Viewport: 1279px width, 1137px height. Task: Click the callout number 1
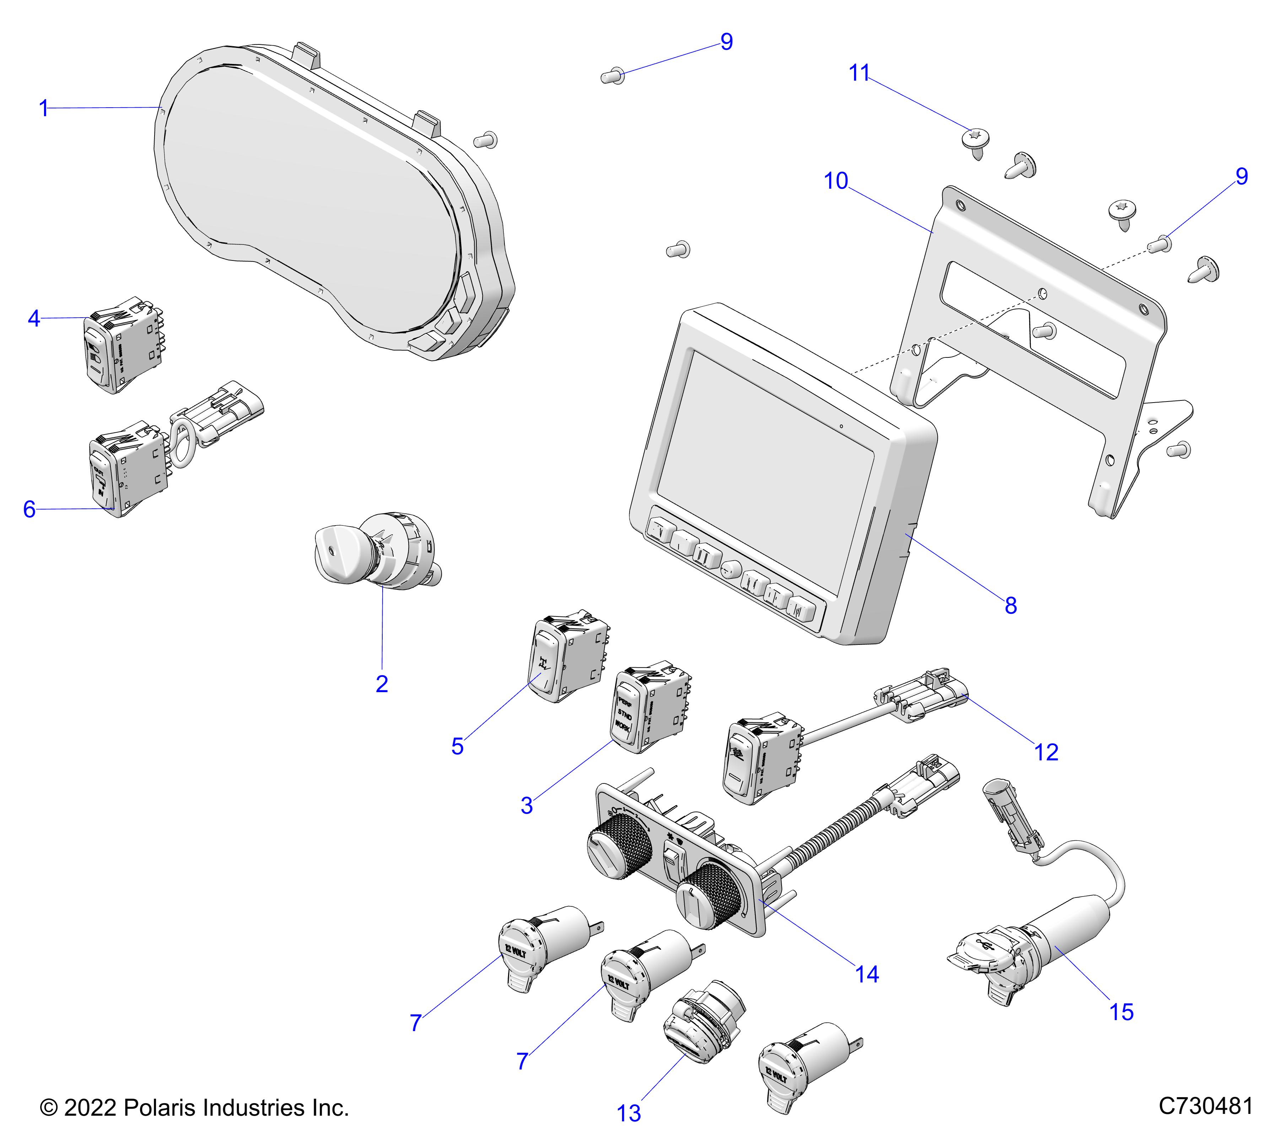43,109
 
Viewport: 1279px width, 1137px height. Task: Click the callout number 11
859,73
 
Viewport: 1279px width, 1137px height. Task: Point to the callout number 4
34,318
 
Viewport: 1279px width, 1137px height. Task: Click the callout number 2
382,684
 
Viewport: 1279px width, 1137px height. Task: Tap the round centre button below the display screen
730,570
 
